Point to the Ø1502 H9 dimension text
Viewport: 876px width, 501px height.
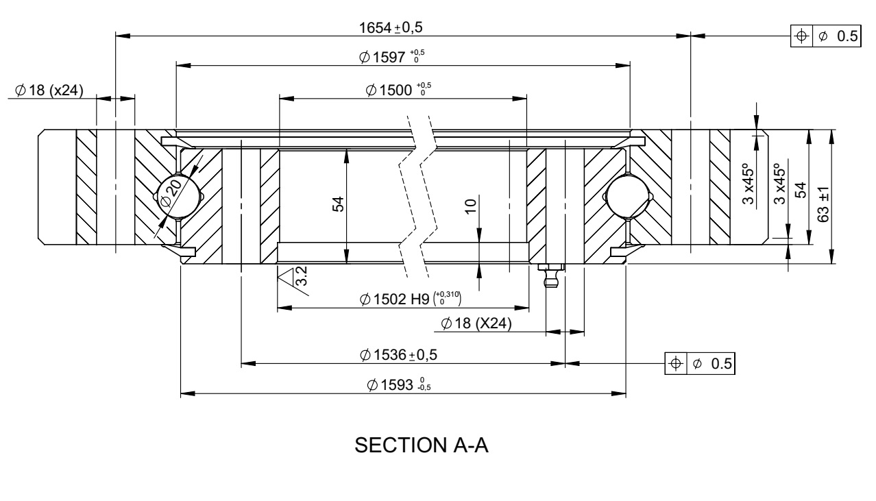pyautogui.click(x=411, y=300)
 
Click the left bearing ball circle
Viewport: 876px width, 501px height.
pyautogui.click(x=178, y=197)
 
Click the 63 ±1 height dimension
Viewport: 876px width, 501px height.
pyautogui.click(x=823, y=204)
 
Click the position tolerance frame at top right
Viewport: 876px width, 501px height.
pyautogui.click(x=825, y=37)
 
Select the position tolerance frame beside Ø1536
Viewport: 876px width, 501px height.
pyautogui.click(x=699, y=363)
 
